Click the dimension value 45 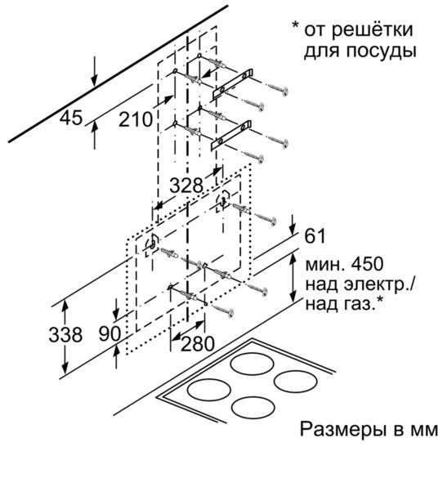[71, 118]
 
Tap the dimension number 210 [136, 119]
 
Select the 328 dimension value [186, 185]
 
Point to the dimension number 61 [315, 235]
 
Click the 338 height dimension [65, 335]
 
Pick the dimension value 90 [110, 334]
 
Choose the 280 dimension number [198, 343]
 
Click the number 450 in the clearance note [367, 264]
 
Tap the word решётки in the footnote [372, 30]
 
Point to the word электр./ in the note [380, 284]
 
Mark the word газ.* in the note [365, 305]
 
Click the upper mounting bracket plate [233, 84]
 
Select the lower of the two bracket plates [232, 135]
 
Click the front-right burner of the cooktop [296, 381]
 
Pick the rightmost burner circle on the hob [296, 381]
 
